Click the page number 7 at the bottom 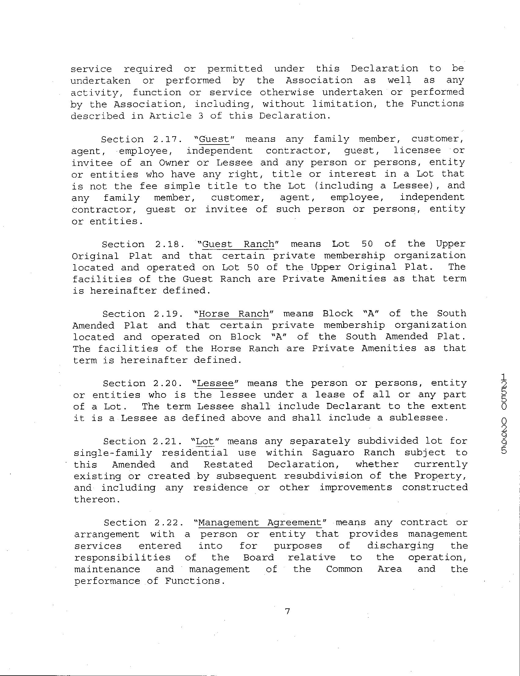[x=287, y=611]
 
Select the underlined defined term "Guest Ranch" [x=238, y=244]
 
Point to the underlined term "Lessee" [x=215, y=383]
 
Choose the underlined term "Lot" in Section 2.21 [x=205, y=441]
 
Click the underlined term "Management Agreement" [x=260, y=523]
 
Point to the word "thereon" [x=95, y=499]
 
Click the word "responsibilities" [x=122, y=558]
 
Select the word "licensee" [x=417, y=151]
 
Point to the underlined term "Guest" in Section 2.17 [x=214, y=139]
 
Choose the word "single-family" [x=113, y=453]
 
